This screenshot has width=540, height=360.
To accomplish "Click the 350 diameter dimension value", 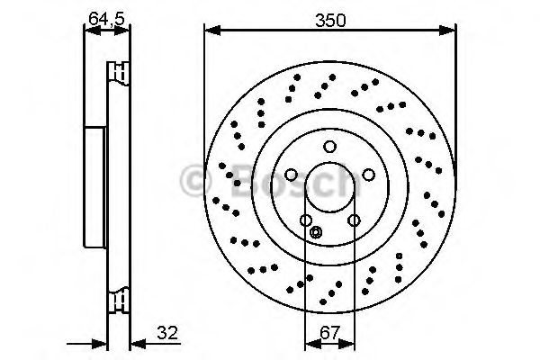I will click(329, 18).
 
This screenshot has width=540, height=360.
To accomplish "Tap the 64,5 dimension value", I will click(105, 18).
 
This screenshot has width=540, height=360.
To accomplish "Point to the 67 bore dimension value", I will click(329, 331).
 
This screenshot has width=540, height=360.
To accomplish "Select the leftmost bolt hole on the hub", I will click(291, 175).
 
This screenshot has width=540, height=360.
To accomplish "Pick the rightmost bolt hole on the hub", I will click(368, 175).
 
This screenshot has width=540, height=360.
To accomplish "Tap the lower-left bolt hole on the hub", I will click(306, 220).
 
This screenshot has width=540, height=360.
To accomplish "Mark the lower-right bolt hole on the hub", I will click(354, 220).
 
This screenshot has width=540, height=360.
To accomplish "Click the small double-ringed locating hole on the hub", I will click(315, 233).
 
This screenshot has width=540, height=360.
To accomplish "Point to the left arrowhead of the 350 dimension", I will click(210, 31).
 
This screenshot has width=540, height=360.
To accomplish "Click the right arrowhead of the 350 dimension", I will click(450, 31).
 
